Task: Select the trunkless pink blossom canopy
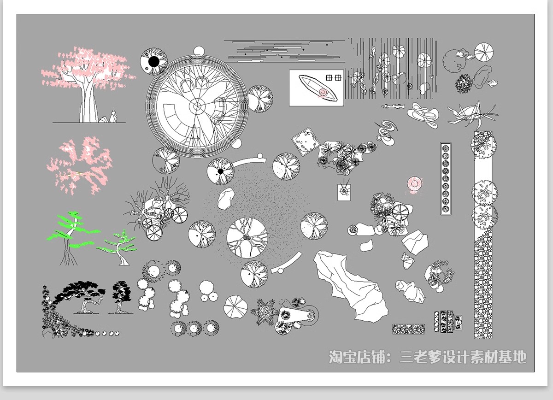click(x=79, y=166)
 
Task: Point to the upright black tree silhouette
click(x=121, y=297)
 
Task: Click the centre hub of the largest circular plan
click(x=197, y=106)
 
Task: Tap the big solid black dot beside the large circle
click(x=154, y=61)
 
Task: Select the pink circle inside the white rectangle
click(x=323, y=93)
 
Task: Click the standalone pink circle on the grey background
click(x=414, y=184)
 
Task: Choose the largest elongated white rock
click(x=351, y=287)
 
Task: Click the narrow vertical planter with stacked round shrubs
click(x=446, y=179)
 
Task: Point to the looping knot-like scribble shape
click(x=423, y=115)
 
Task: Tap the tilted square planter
click(x=306, y=141)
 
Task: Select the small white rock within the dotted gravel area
click(x=226, y=199)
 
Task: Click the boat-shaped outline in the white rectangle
click(x=318, y=88)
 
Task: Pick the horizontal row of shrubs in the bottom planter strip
click(x=409, y=329)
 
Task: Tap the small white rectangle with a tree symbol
click(x=344, y=192)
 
